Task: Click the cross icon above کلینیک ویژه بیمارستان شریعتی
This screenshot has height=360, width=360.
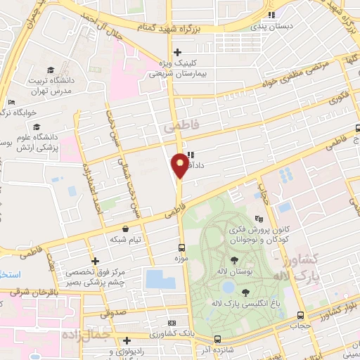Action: pos(177,51)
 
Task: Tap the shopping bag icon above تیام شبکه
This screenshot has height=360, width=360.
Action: pos(125,229)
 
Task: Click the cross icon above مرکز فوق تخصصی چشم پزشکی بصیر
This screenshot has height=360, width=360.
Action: pos(95,261)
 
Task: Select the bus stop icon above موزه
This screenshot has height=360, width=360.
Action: pos(181,247)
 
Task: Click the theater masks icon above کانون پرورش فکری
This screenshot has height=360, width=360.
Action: pos(259,218)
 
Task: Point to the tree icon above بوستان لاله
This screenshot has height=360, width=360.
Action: pos(234,261)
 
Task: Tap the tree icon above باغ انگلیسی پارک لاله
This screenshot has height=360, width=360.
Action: pos(245,292)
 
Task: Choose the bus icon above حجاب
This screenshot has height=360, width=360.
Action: pos(301,315)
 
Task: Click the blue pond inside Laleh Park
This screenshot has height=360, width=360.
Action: pos(229,287)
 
